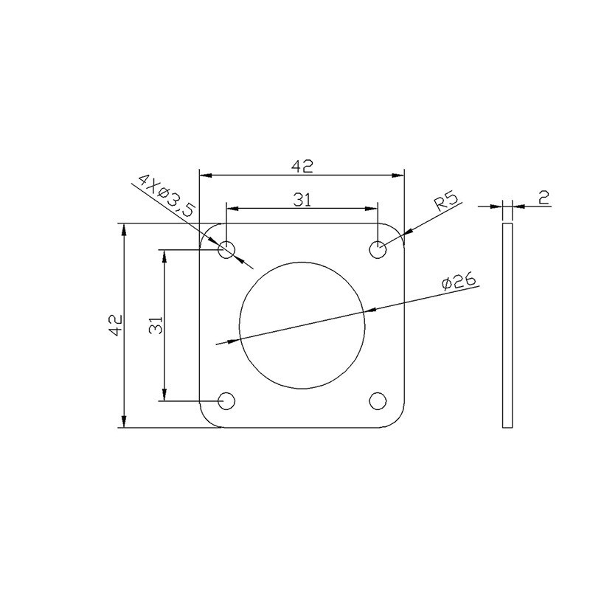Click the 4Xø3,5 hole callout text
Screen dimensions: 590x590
click(167, 196)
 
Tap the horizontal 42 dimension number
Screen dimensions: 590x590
click(302, 166)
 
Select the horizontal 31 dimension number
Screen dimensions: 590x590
click(302, 200)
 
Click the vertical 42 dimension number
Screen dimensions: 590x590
click(116, 324)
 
